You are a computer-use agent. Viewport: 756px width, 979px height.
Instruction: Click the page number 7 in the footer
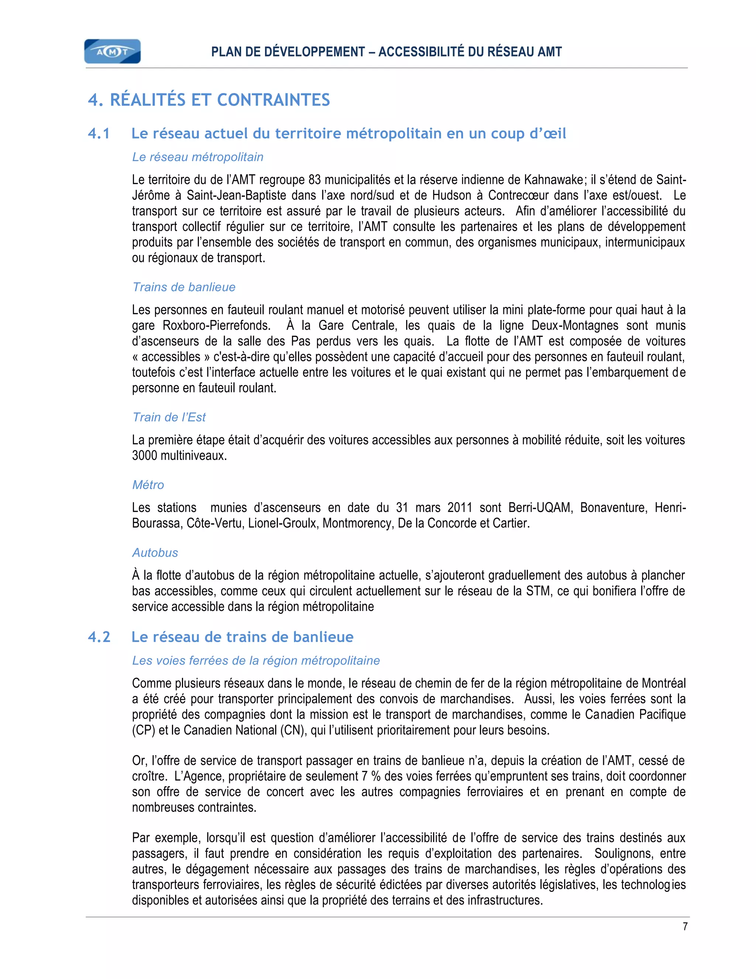point(685,927)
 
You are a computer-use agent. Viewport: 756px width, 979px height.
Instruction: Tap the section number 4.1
point(99,134)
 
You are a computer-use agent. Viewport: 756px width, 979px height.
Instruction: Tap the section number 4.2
point(99,637)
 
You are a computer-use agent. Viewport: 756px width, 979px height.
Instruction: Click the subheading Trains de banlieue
point(183,287)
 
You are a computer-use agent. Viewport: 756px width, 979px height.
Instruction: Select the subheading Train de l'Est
point(169,417)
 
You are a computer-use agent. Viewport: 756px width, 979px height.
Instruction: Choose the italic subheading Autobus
point(155,553)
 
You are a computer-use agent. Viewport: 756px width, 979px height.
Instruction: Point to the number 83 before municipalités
point(315,180)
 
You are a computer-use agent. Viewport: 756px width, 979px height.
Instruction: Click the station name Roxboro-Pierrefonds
point(216,326)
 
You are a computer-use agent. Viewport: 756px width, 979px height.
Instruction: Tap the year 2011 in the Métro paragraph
point(460,508)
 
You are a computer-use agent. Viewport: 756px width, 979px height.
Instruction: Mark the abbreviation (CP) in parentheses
point(143,730)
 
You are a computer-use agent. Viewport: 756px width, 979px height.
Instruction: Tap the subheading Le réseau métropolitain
point(197,157)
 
